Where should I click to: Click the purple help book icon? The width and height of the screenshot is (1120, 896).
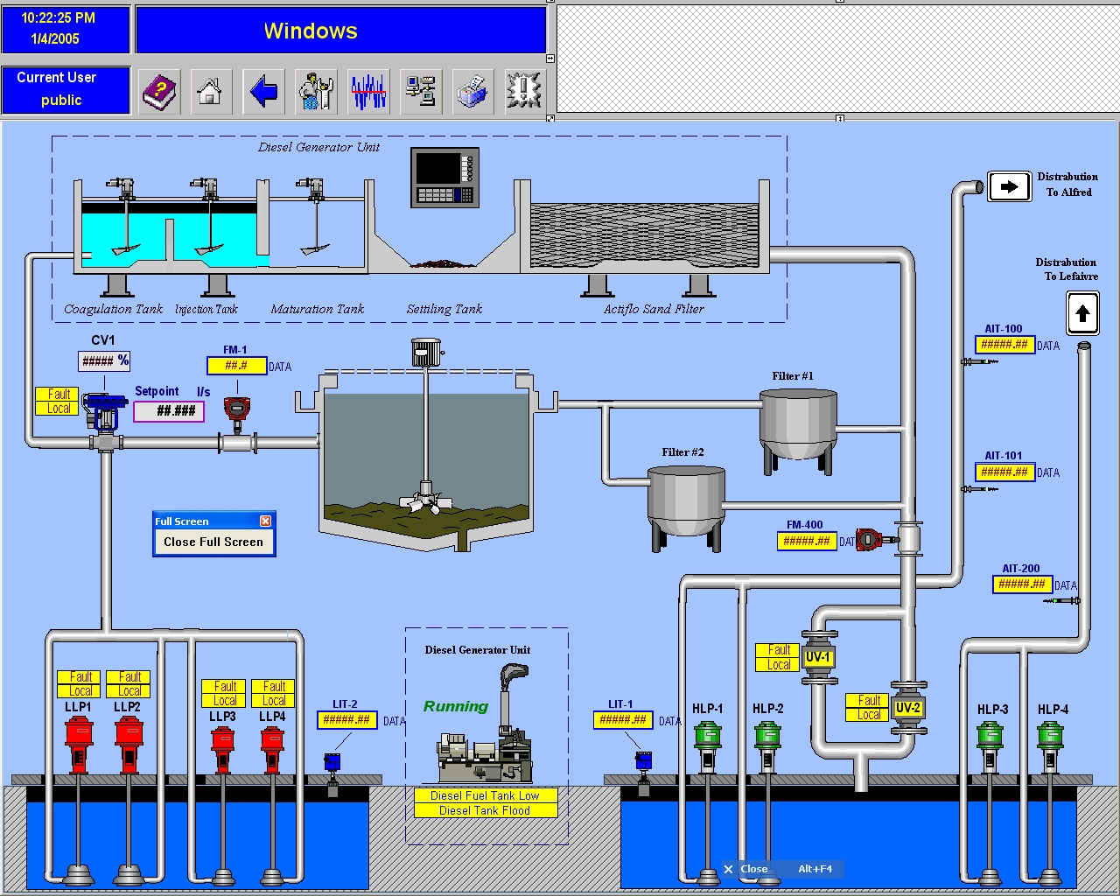pos(159,90)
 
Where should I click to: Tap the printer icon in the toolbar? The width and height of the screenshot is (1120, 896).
pos(472,90)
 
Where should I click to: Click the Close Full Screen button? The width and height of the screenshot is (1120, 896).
pos(213,542)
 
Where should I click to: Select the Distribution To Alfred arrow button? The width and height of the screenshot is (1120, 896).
pos(1009,186)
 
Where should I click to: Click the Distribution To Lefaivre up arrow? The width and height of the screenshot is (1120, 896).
pos(1082,313)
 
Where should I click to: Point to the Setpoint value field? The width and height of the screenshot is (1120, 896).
pos(169,410)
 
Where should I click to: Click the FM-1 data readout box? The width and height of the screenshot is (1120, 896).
pos(236,366)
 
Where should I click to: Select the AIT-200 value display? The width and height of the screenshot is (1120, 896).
pos(1021,584)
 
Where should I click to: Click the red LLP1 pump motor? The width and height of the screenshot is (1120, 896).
pos(79,743)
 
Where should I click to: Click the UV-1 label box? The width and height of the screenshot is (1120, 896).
pos(817,657)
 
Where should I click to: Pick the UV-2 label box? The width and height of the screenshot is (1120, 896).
pos(907,708)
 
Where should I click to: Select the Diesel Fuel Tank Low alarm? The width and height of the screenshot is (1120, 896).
pos(485,795)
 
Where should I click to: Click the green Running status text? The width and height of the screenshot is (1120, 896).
pos(456,706)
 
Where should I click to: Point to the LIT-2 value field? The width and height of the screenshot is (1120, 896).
pos(346,720)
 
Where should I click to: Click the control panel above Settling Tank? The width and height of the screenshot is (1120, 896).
pos(444,177)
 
